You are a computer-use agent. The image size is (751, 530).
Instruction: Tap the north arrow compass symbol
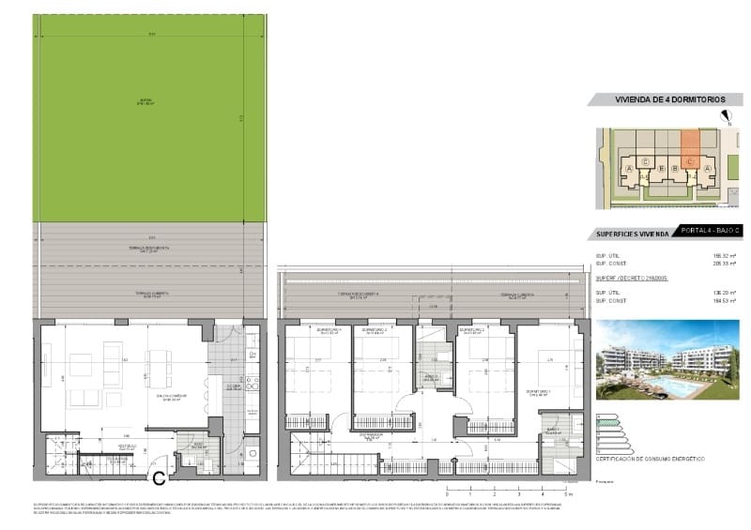point(725,116)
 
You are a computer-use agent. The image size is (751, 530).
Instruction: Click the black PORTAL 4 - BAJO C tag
point(711,231)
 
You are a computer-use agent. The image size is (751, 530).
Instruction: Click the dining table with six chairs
point(159,367)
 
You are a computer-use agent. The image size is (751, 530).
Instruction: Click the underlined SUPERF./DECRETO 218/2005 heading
point(629,278)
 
